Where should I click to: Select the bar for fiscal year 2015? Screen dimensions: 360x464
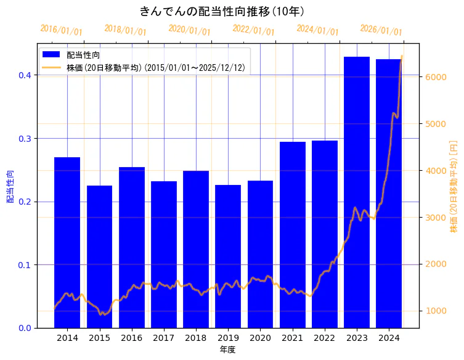click(99, 256)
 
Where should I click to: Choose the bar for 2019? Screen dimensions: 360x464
click(228, 256)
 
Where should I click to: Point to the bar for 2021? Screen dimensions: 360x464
click(293, 235)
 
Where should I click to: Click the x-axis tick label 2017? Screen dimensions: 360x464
click(164, 338)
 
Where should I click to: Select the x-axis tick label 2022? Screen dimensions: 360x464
click(325, 338)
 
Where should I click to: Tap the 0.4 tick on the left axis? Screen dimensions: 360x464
click(25, 75)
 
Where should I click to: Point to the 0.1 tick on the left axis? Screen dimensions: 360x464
click(25, 265)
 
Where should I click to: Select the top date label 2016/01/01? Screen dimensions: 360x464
click(61, 30)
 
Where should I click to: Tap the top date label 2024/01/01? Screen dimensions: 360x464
click(317, 30)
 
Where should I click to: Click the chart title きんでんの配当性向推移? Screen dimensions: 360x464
click(222, 11)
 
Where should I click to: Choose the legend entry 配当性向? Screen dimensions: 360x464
click(84, 55)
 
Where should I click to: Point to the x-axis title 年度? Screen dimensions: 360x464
click(228, 350)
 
